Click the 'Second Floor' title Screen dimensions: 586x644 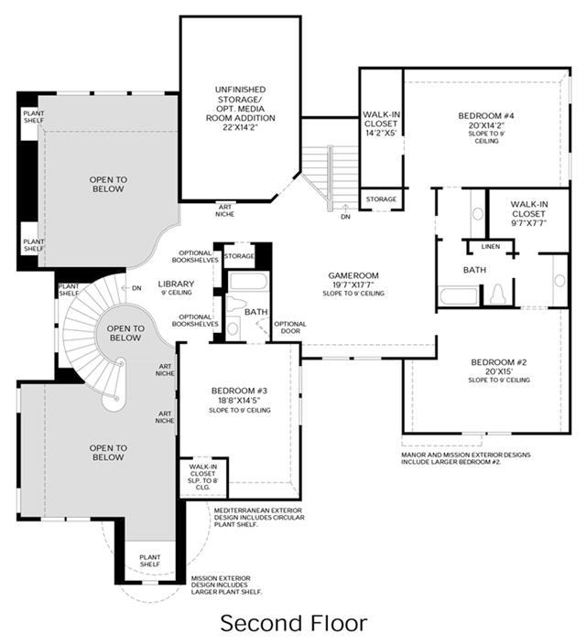[x=293, y=623]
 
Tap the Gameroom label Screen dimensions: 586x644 [x=353, y=275]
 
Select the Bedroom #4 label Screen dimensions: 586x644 [x=486, y=116]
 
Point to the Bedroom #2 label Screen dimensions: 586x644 [x=499, y=362]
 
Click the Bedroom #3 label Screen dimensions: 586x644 [x=239, y=391]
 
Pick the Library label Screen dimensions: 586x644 [x=176, y=284]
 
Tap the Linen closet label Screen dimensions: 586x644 [x=491, y=246]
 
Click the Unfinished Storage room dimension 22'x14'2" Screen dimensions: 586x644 [x=241, y=127]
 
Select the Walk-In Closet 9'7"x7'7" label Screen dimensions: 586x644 [x=528, y=213]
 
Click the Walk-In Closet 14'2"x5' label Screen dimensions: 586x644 [x=381, y=123]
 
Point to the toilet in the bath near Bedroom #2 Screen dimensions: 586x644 [x=498, y=294]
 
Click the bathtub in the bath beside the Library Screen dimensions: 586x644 [x=248, y=282]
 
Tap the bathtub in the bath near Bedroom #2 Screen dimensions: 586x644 [x=458, y=295]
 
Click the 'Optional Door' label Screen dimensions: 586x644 [x=290, y=327]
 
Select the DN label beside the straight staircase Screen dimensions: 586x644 [x=345, y=217]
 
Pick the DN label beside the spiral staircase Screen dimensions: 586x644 [x=136, y=288]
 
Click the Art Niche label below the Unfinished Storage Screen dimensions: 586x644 [x=225, y=210]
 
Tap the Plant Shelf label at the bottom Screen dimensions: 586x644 [x=149, y=561]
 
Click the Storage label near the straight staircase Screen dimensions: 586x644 [x=381, y=199]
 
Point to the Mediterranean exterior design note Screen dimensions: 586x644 [x=259, y=518]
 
